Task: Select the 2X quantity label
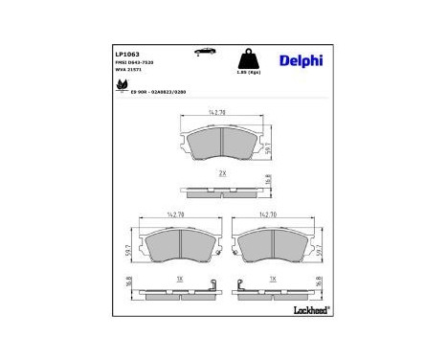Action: click(221, 174)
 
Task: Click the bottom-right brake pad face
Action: click(272, 248)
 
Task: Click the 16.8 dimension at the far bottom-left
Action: click(129, 285)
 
